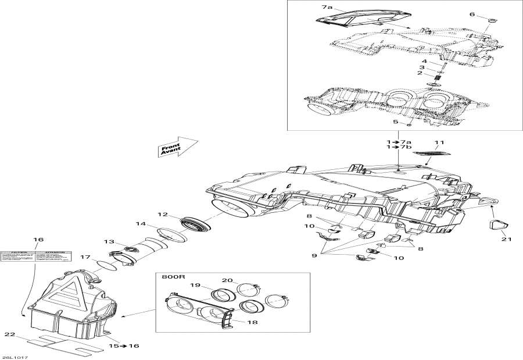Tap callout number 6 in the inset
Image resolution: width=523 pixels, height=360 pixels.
472,14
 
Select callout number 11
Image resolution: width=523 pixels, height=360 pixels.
439,142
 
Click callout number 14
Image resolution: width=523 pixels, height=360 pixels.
141,223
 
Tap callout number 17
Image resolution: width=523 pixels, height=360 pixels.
85,256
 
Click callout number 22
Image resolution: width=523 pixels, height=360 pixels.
8,334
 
